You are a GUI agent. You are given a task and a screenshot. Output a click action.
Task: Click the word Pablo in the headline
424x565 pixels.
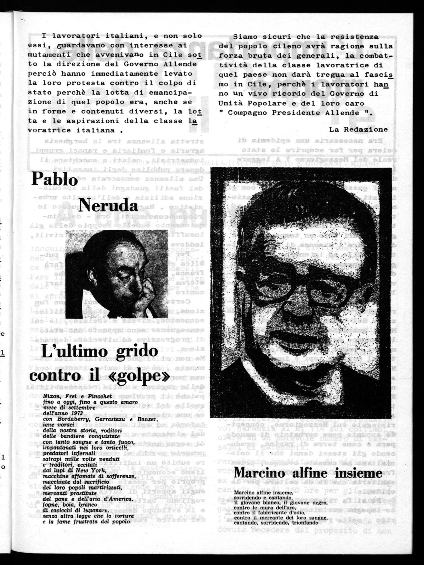(x=50, y=179)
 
